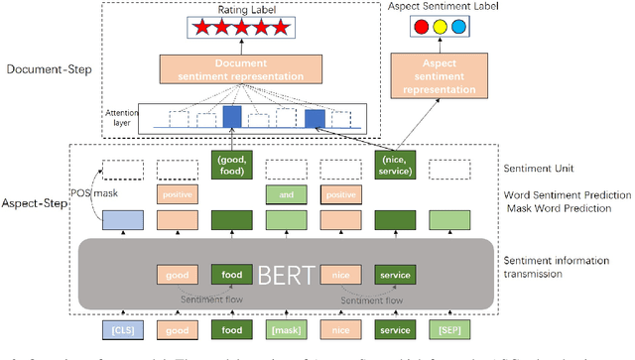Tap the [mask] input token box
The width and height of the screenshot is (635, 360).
point(285,328)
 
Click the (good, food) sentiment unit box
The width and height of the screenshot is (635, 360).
point(230,165)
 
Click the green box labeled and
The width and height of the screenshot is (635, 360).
point(285,193)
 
